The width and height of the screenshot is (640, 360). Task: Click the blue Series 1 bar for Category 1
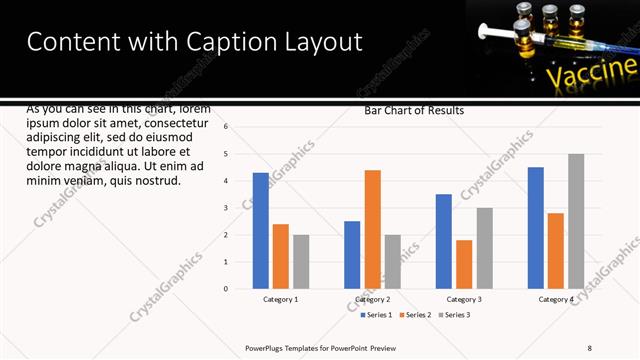(x=261, y=231)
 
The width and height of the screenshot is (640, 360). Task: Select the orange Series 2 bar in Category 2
(x=372, y=229)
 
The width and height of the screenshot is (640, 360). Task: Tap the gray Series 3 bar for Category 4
(x=576, y=221)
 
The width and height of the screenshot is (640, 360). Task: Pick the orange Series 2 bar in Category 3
(x=464, y=264)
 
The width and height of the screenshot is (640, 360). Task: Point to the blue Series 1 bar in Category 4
(x=535, y=228)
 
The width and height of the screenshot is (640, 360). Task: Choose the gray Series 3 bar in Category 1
(x=301, y=262)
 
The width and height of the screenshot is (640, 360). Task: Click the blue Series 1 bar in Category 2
(x=352, y=255)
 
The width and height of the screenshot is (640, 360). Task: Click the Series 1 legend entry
(x=376, y=315)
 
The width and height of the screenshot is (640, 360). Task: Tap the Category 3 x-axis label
(x=464, y=299)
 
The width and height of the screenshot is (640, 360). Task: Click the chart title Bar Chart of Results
(x=413, y=111)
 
